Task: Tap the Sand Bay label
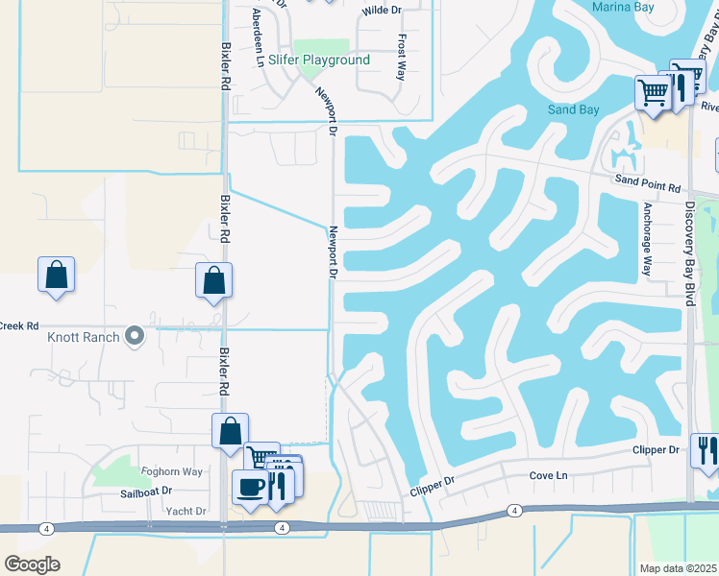tap(573, 109)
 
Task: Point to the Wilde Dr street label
tap(382, 12)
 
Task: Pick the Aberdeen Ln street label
tap(257, 36)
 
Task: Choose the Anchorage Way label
tap(648, 239)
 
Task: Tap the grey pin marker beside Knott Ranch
tap(135, 337)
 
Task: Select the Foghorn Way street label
tap(172, 471)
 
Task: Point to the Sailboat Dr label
tap(145, 491)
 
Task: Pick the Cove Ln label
tap(549, 476)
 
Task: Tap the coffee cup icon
tap(251, 487)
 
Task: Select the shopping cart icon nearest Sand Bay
tap(653, 93)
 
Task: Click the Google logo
tap(32, 564)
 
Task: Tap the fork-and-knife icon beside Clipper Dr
tap(706, 451)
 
